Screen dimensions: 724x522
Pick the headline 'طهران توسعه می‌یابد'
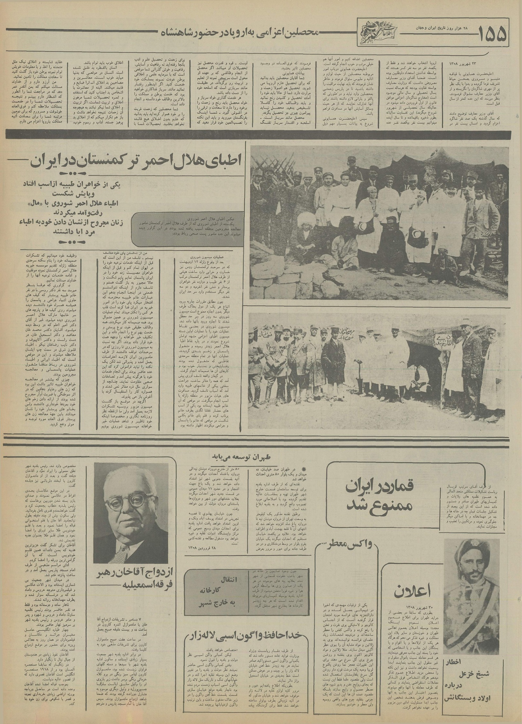point(237,455)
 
